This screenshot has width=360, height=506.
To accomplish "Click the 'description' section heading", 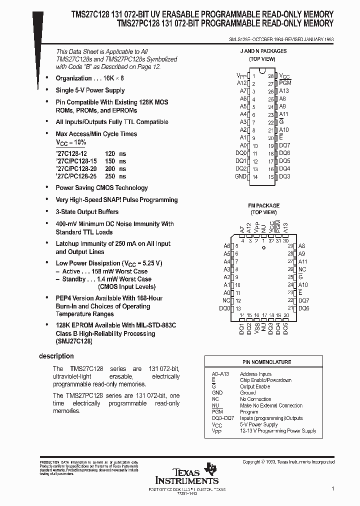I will point(56,356).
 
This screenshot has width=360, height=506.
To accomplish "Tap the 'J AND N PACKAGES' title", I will point(263,51).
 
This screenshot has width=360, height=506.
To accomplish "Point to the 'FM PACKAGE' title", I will point(263,205).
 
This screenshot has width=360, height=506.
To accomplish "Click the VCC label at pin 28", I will point(284,75).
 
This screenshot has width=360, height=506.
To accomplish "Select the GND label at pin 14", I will point(240,176).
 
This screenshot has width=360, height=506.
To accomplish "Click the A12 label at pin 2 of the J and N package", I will point(241,83).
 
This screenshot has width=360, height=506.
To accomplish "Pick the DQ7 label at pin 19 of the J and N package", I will point(284,145).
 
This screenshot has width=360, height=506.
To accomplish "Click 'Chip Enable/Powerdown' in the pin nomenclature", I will point(265,380).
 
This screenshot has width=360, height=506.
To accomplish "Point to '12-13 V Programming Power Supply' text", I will point(278,431).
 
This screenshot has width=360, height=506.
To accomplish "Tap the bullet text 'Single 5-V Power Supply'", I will point(90,90).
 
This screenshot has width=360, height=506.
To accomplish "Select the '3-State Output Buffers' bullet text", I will point(87,212).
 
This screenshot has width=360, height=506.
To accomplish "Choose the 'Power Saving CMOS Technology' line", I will point(101,188).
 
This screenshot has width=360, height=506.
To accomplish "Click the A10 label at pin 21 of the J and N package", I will point(284,130).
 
